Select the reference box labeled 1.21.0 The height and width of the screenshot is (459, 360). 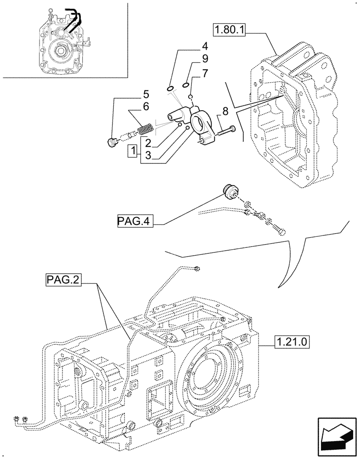point(292,342)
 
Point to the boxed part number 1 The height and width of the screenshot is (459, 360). point(132,150)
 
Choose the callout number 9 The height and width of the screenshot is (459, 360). point(205,59)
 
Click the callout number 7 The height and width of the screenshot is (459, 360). point(205,73)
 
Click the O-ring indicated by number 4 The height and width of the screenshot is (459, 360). point(170,88)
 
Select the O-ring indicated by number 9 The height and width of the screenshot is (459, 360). point(186,85)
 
